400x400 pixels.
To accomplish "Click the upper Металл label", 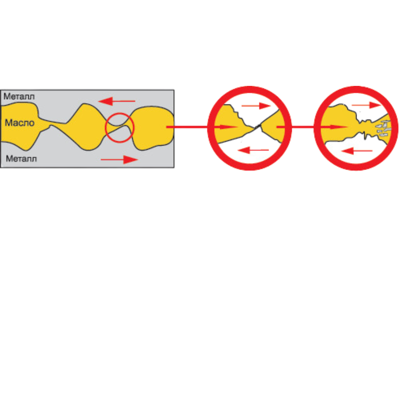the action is [x=19, y=97].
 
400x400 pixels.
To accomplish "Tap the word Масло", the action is [x=20, y=123].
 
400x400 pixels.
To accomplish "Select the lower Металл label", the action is [x=21, y=159].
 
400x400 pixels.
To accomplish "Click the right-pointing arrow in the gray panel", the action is [x=119, y=160].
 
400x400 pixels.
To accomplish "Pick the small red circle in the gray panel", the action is [x=119, y=128].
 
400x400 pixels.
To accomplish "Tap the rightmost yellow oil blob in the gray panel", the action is [x=152, y=128].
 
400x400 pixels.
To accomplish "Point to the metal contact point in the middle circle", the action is [x=258, y=127].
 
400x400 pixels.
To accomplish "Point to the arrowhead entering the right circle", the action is [x=341, y=127].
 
